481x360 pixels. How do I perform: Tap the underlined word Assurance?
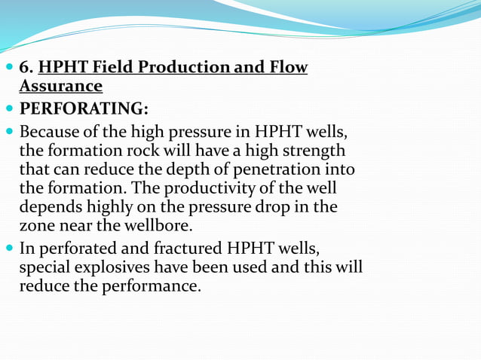[60, 86]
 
